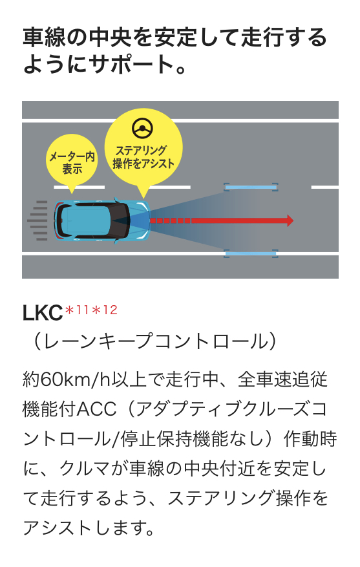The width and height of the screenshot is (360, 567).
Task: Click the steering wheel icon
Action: point(142,128)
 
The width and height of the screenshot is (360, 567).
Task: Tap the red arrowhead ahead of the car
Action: point(290,220)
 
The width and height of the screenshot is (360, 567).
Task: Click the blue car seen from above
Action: point(102,220)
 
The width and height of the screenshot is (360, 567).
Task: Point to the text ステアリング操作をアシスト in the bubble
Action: point(143,157)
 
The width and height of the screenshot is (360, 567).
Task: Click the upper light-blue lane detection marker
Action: point(251,187)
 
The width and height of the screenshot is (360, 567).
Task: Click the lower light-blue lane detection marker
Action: point(251,253)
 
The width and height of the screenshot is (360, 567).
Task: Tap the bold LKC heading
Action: point(43,313)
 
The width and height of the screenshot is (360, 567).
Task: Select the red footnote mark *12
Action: point(105,310)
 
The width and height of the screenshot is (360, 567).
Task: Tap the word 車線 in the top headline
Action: point(44,37)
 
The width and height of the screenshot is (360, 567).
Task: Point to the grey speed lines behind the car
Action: point(37,220)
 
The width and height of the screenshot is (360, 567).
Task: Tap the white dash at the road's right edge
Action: point(324,187)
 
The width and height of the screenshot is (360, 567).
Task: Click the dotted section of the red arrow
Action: point(170,220)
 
